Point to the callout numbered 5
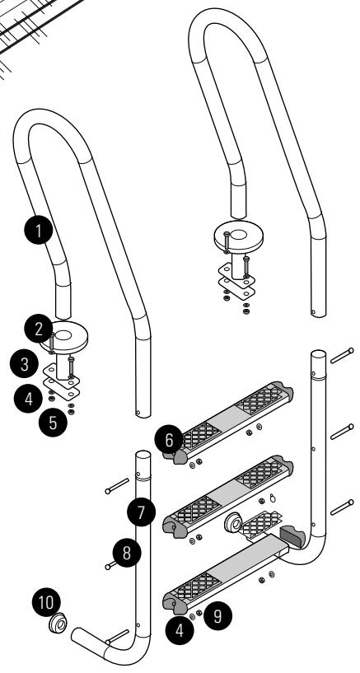click(x=53, y=425)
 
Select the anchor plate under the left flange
click(x=61, y=387)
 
